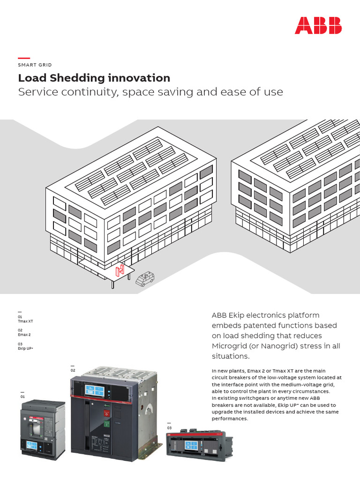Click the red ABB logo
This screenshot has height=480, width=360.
coord(318,25)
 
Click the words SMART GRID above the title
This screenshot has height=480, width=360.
coord(35,65)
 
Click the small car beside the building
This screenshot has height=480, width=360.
coord(144,278)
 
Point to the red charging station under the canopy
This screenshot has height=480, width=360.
coord(120,271)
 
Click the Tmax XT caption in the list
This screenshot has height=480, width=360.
coord(25,321)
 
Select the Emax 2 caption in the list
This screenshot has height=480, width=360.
coord(24,335)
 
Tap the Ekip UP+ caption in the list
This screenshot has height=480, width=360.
coord(25,348)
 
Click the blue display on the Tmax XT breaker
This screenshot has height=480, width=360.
coord(32,445)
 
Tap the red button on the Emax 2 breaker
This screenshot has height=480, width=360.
coord(106,413)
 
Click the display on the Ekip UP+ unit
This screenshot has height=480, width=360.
coord(191,446)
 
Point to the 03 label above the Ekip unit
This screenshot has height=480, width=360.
coord(170,428)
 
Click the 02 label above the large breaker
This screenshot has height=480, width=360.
coord(73,370)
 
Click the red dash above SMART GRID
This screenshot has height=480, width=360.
coord(24,58)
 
